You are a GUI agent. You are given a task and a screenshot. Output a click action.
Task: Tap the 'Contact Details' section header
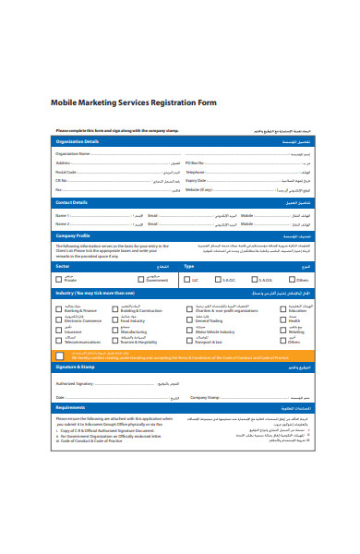click(x=72, y=201)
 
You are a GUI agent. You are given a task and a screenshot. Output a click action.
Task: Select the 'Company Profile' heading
click(x=74, y=235)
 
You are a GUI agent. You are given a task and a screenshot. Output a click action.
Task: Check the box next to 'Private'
click(x=60, y=278)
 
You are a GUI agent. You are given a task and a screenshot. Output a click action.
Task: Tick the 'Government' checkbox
click(x=126, y=278)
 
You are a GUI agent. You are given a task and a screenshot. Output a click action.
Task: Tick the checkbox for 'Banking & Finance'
click(x=60, y=309)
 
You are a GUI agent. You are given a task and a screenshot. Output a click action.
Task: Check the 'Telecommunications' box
click(x=60, y=340)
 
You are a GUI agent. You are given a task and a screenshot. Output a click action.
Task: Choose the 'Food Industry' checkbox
click(x=115, y=319)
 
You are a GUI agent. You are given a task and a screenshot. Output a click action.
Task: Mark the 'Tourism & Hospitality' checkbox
click(x=115, y=340)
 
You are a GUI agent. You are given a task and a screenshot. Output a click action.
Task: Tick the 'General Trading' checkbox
click(x=191, y=319)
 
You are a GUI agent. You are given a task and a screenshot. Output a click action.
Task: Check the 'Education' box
click(x=282, y=309)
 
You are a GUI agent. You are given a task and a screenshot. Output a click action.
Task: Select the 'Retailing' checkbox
click(x=282, y=330)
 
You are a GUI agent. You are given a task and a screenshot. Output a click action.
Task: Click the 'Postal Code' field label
click(x=66, y=172)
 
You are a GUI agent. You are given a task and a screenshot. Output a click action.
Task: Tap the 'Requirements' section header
click(x=70, y=406)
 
